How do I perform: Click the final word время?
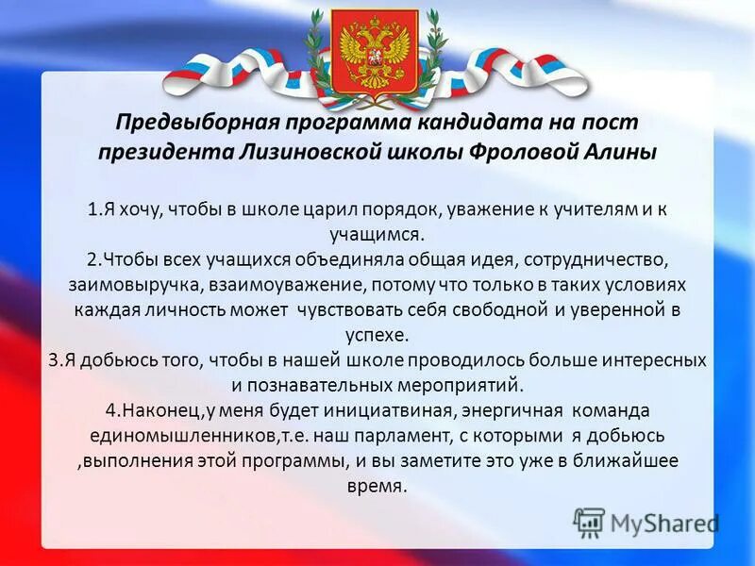[376, 487]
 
